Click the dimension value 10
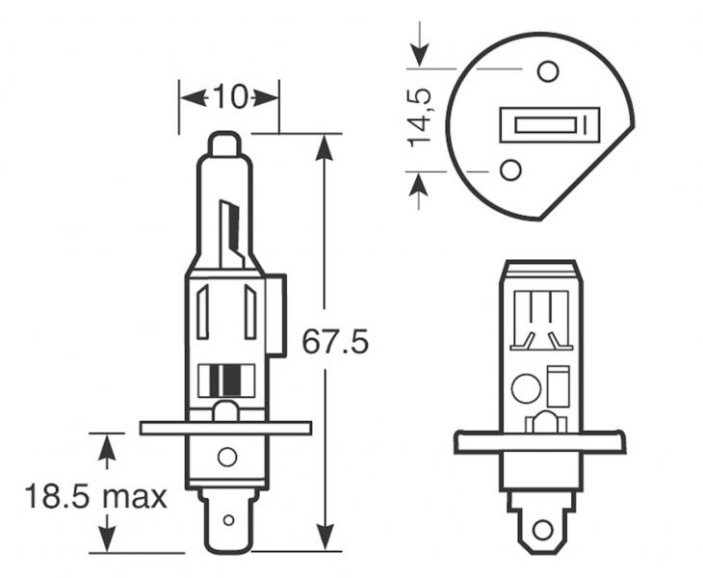pyautogui.click(x=229, y=97)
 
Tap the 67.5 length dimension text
pyautogui.click(x=335, y=342)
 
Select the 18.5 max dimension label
pyautogui.click(x=95, y=497)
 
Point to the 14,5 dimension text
pyautogui.click(x=419, y=118)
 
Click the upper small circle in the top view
pyautogui.click(x=547, y=71)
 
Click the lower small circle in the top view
pyautogui.click(x=510, y=170)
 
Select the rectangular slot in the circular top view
pyautogui.click(x=550, y=125)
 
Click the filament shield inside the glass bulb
pyautogui.click(x=231, y=234)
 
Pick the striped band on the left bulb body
pyautogui.click(x=226, y=381)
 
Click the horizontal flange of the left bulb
pyautogui.click(x=226, y=428)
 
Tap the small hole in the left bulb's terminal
pyautogui.click(x=228, y=520)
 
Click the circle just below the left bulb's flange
pyautogui.click(x=227, y=457)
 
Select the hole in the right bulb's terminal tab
pyautogui.click(x=542, y=530)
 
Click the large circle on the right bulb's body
pyautogui.click(x=526, y=388)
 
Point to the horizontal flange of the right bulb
pyautogui.click(x=540, y=442)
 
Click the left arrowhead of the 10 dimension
pyautogui.click(x=193, y=97)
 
